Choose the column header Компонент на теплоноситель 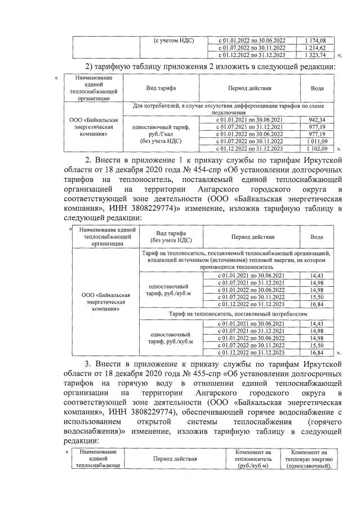pos(252,460)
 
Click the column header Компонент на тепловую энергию pos(310,460)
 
